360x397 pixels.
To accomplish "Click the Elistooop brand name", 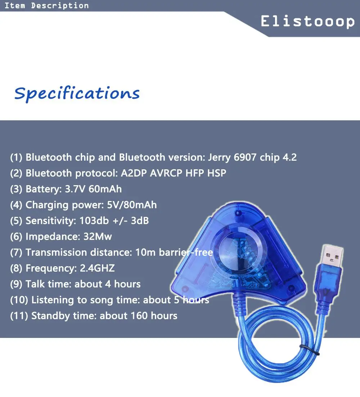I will pyautogui.click(x=307, y=22).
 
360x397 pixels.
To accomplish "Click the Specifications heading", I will pyautogui.click(x=77, y=94).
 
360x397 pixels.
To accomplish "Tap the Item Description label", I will pyautogui.click(x=46, y=5).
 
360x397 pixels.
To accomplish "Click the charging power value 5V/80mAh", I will pyautogui.click(x=132, y=205).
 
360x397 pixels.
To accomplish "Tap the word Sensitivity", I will pyautogui.click(x=49, y=221).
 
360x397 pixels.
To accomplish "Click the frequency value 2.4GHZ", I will pyautogui.click(x=95, y=268).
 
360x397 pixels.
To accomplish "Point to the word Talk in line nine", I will pyautogui.click(x=35, y=284).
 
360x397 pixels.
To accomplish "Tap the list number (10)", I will pyautogui.click(x=19, y=300).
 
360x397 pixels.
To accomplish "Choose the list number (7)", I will pyautogui.click(x=16, y=253).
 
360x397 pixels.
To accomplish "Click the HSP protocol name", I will pyautogui.click(x=217, y=173).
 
